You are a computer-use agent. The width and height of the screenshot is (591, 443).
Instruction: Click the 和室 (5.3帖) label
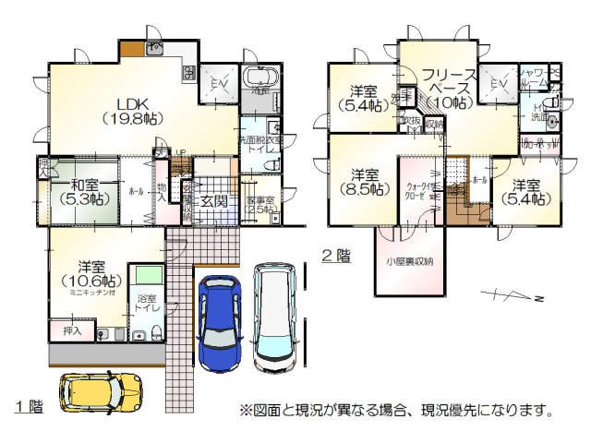pyautogui.click(x=79, y=190)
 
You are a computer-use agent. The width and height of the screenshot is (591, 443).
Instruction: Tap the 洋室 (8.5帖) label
pyautogui.click(x=363, y=181)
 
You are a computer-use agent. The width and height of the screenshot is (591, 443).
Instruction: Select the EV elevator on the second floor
pyautogui.click(x=500, y=86)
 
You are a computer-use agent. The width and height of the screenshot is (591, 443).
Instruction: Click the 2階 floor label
pyautogui.click(x=335, y=257)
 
